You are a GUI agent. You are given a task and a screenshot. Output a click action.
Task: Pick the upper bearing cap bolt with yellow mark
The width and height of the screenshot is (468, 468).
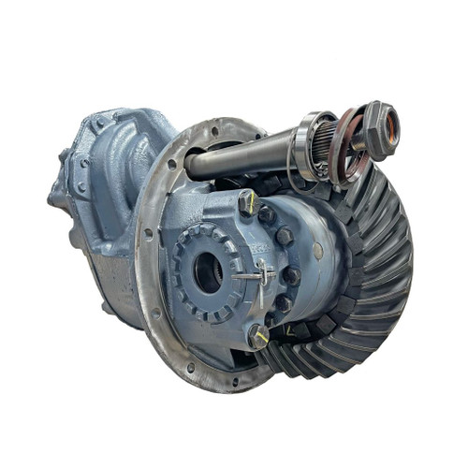pos(247,202)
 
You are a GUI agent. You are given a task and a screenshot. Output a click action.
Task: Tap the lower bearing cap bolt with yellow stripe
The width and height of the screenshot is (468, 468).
pos(257,334)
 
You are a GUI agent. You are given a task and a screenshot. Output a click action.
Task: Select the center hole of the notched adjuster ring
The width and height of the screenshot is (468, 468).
pos(207,271)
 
